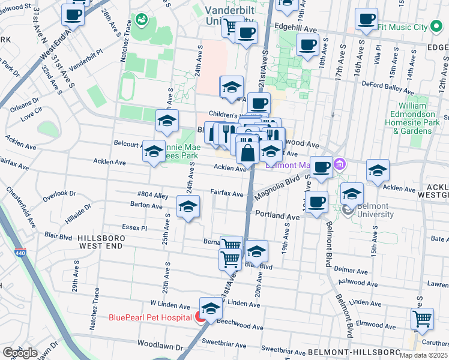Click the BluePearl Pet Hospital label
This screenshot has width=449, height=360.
coord(150,317)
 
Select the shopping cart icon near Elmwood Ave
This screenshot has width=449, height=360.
coord(423,319)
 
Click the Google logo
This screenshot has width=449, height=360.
coord(20,353)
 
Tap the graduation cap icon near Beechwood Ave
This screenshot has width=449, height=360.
coord(211,308)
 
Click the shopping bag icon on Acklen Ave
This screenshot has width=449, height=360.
coord(247,154)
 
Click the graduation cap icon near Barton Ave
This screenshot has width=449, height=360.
coord(188,207)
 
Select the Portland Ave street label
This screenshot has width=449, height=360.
coord(277,215)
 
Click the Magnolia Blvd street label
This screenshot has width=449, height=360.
coord(277,188)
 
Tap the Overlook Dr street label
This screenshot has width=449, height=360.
coord(60,193)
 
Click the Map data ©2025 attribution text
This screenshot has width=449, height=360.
coord(423,355)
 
